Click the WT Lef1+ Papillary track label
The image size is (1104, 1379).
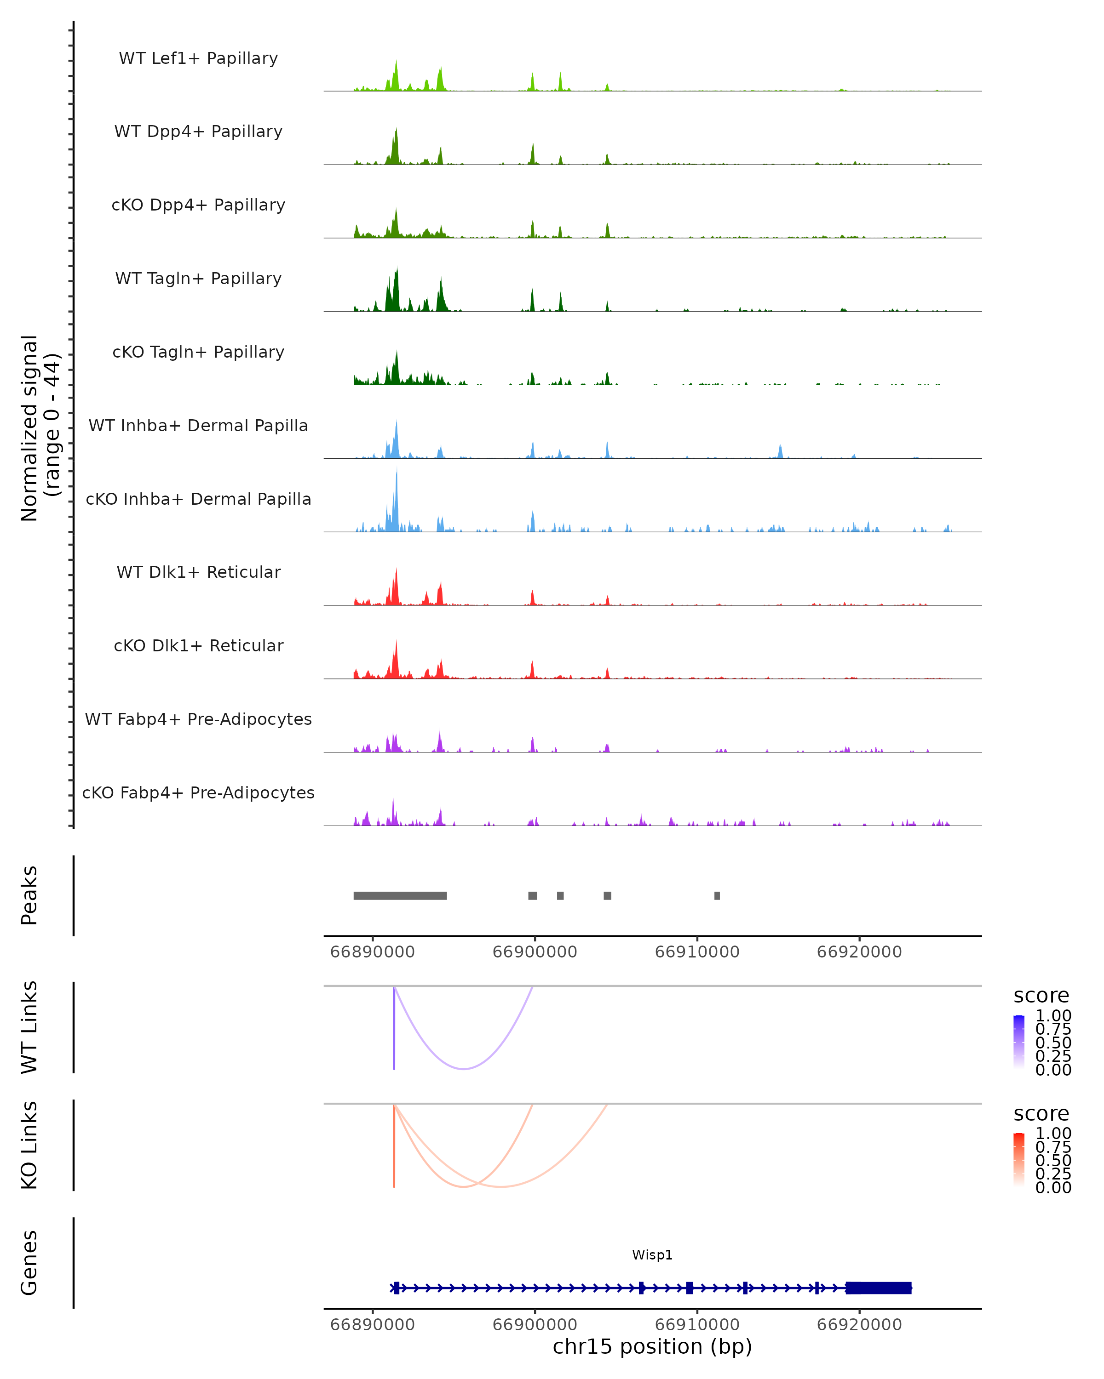pyautogui.click(x=198, y=58)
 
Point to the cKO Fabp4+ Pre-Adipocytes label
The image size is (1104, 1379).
pyautogui.click(x=198, y=792)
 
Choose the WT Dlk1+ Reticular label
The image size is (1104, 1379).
pyautogui.click(x=198, y=572)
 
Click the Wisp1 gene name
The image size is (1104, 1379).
pyautogui.click(x=652, y=1255)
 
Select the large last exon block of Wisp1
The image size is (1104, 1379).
pyautogui.click(x=878, y=1288)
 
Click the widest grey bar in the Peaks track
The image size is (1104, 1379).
pyautogui.click(x=400, y=895)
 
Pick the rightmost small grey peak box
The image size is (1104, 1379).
pyautogui.click(x=717, y=895)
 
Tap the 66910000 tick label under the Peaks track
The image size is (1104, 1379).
pyautogui.click(x=697, y=952)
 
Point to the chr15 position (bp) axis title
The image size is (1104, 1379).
pyautogui.click(x=652, y=1346)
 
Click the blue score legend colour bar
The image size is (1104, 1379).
pyautogui.click(x=1019, y=1041)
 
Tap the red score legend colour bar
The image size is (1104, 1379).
pyautogui.click(x=1019, y=1158)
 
